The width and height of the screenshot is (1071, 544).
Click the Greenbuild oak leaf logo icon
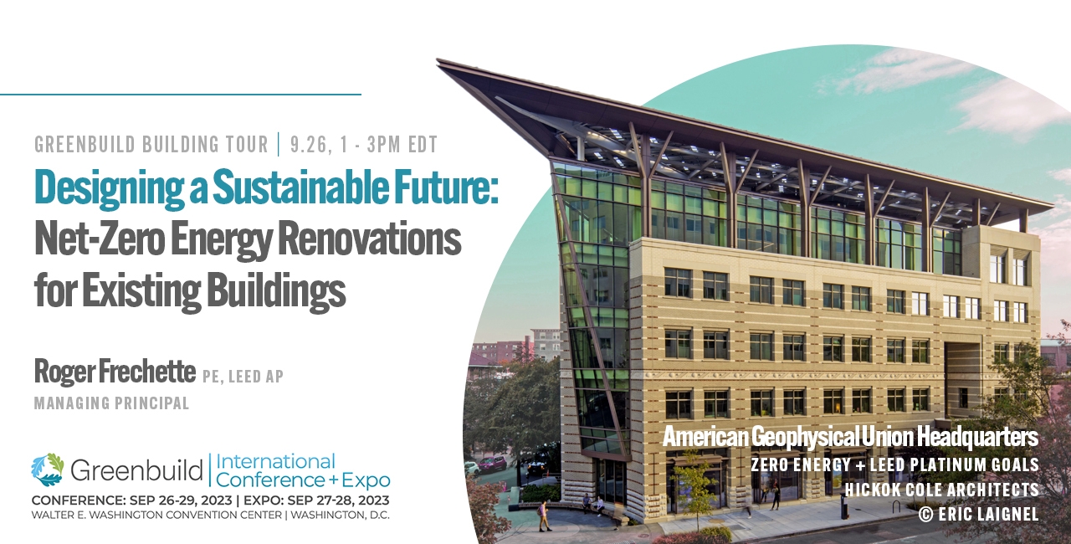(48, 470)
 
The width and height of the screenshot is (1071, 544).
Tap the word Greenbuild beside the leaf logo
(136, 470)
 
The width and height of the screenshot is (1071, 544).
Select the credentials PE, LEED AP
(243, 377)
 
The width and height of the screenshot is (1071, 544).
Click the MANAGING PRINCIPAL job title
(112, 403)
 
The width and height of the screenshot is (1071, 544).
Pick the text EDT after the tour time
(423, 144)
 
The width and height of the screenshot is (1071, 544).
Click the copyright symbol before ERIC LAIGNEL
(925, 515)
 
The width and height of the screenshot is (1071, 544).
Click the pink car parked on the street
(492, 463)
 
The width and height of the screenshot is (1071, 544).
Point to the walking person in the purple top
(543, 516)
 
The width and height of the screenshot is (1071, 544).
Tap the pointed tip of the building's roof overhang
(437, 59)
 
